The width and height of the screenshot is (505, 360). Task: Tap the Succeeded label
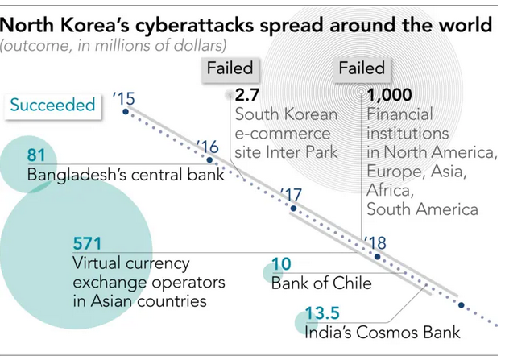click(x=52, y=105)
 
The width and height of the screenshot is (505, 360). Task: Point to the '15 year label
click(x=124, y=99)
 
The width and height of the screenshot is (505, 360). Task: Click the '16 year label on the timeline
click(x=208, y=147)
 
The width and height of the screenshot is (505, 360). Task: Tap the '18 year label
click(x=375, y=242)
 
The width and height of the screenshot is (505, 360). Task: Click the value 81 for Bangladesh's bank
click(x=36, y=155)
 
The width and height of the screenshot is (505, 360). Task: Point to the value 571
click(x=87, y=242)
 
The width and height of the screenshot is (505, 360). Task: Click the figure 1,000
click(x=388, y=93)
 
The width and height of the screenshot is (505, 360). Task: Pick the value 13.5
click(x=321, y=312)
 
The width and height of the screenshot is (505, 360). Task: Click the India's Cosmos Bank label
click(x=382, y=331)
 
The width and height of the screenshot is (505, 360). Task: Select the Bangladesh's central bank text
click(x=126, y=174)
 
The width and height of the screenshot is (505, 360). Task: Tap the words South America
click(x=422, y=209)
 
